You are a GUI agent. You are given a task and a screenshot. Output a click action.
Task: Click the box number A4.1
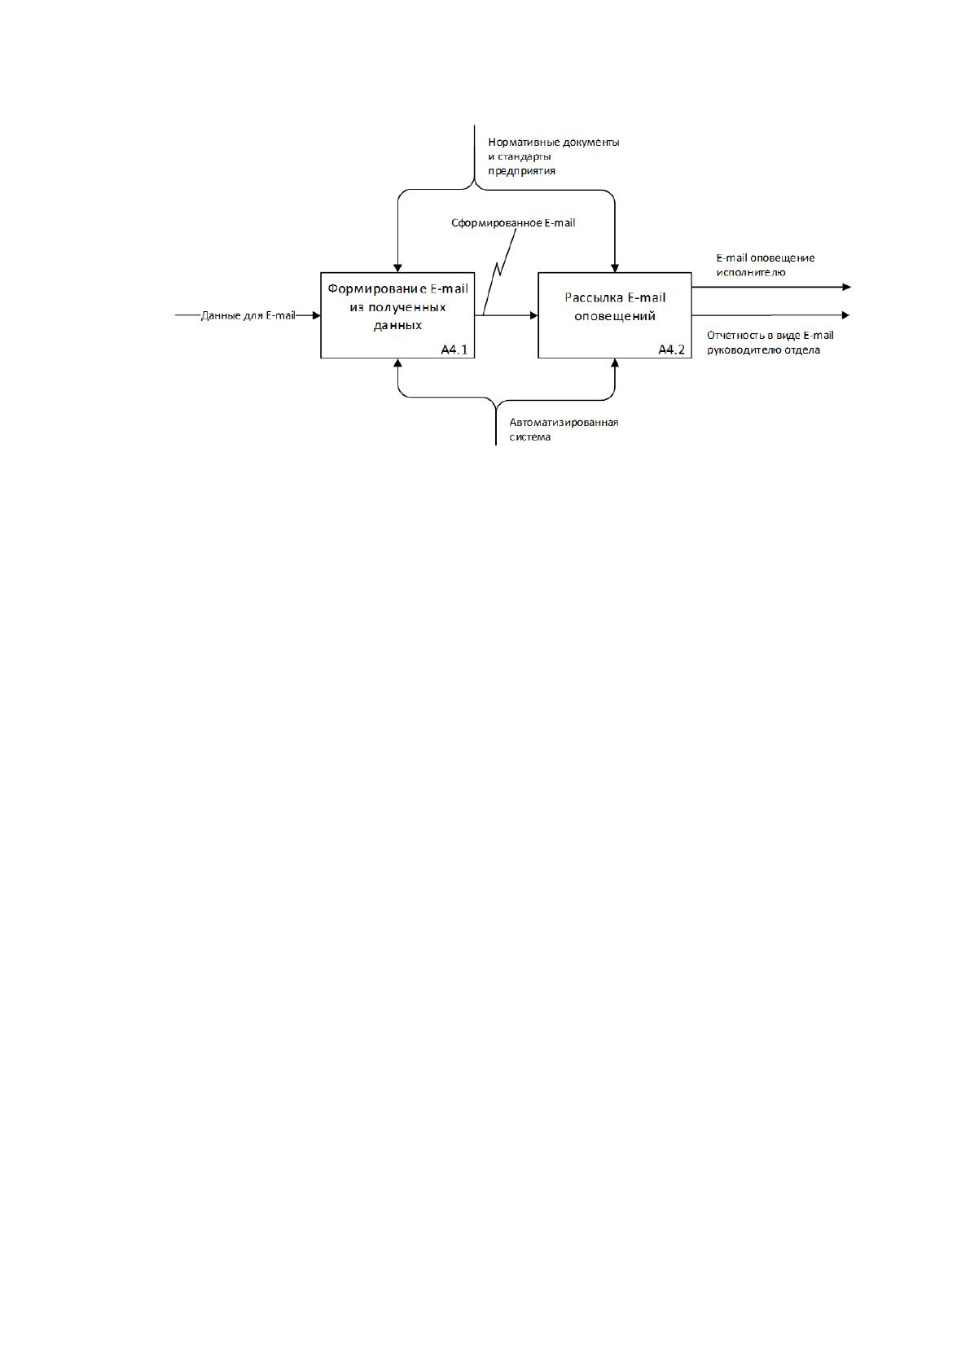tap(454, 350)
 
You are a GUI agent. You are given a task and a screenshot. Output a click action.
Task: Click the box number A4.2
tap(671, 350)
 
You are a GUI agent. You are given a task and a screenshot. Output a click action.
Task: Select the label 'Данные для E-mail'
tap(248, 315)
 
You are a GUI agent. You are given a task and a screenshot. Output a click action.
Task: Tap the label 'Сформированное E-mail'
tap(513, 223)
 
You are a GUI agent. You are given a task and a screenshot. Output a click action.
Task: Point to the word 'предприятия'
tap(522, 171)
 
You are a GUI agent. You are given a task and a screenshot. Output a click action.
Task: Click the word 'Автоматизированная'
tap(564, 423)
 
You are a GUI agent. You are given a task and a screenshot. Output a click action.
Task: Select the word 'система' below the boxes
tap(529, 438)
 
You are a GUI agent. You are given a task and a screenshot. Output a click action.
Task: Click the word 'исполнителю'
tap(751, 273)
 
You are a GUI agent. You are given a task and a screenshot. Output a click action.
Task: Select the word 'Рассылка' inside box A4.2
tap(590, 297)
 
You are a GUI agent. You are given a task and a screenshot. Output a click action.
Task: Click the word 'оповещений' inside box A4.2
tap(615, 317)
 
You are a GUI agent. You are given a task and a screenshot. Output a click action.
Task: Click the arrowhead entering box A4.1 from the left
tap(316, 315)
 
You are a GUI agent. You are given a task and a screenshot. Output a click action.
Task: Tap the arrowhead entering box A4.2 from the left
tap(533, 315)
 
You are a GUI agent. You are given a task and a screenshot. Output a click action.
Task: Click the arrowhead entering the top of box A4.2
tap(615, 268)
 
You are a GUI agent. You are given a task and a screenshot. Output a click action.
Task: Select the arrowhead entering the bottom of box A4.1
tap(397, 363)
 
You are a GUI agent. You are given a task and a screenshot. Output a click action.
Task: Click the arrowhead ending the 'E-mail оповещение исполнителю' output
tap(847, 287)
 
